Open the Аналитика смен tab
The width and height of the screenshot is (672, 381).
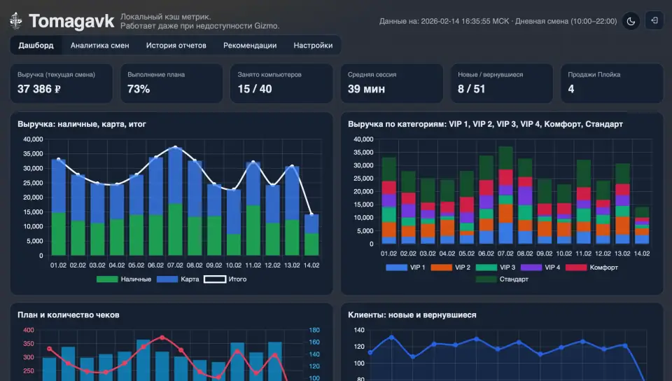100,46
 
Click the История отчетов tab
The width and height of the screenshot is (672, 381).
176,46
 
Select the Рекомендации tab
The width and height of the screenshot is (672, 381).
250,46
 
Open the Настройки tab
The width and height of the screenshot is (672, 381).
313,46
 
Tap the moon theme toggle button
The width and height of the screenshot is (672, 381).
631,21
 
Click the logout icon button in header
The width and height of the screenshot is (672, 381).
654,20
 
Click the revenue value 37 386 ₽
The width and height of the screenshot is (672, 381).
39,89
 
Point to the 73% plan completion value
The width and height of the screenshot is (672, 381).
139,89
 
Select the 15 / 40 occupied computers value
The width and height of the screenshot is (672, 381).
255,89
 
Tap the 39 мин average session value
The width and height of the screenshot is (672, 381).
366,89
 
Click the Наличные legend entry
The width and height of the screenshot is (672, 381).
124,279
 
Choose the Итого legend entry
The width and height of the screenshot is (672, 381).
225,279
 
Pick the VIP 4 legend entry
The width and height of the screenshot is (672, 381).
540,268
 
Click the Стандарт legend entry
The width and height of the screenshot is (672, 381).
502,279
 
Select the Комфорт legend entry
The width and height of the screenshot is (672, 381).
592,268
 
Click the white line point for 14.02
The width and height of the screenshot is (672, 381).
311,214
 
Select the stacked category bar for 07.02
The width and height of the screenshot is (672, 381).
505,195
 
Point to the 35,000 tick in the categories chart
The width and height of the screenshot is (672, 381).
363,153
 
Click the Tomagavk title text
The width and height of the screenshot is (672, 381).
71,21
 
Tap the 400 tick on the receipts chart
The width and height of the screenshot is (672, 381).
28,330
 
